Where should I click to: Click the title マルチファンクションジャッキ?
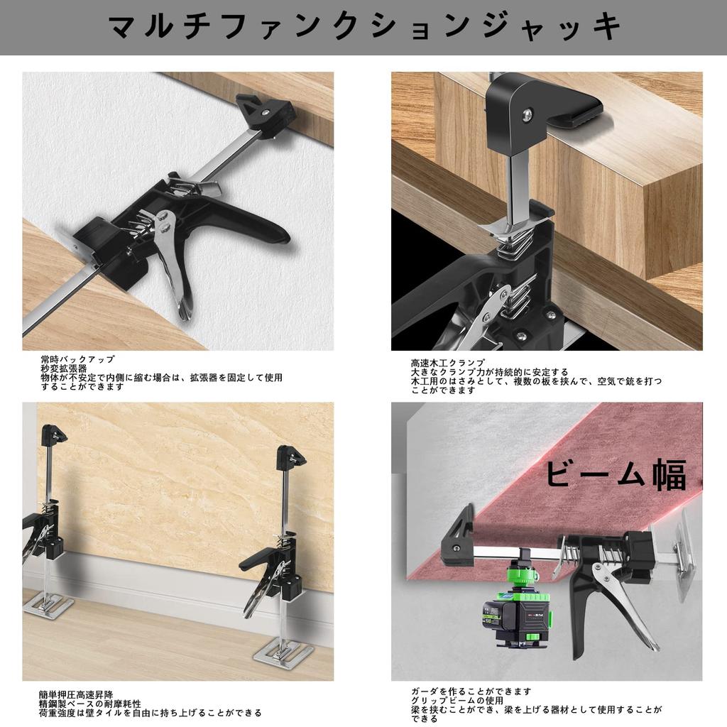click(x=363, y=27)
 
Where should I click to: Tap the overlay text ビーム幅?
click(x=616, y=474)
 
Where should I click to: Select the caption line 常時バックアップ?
click(x=77, y=360)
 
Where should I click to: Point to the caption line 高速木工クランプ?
click(x=447, y=363)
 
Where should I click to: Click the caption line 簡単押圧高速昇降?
click(x=76, y=694)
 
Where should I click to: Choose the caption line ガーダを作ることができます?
click(x=471, y=691)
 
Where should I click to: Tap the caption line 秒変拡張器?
click(x=64, y=369)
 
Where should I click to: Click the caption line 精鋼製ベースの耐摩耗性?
click(x=90, y=703)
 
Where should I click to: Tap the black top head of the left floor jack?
click(x=54, y=433)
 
